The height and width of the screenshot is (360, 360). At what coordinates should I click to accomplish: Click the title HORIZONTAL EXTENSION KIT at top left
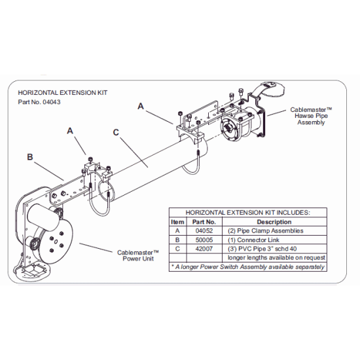62,93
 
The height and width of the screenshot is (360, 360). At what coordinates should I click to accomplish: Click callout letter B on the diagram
30,157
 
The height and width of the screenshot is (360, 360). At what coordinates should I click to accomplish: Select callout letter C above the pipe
116,132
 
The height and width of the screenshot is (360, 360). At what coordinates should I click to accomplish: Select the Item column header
176,222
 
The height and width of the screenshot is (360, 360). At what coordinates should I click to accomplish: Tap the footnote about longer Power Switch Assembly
247,266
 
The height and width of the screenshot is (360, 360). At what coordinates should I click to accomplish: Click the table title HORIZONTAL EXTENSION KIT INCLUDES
247,213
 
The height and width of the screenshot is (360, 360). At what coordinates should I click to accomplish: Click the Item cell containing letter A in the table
176,230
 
